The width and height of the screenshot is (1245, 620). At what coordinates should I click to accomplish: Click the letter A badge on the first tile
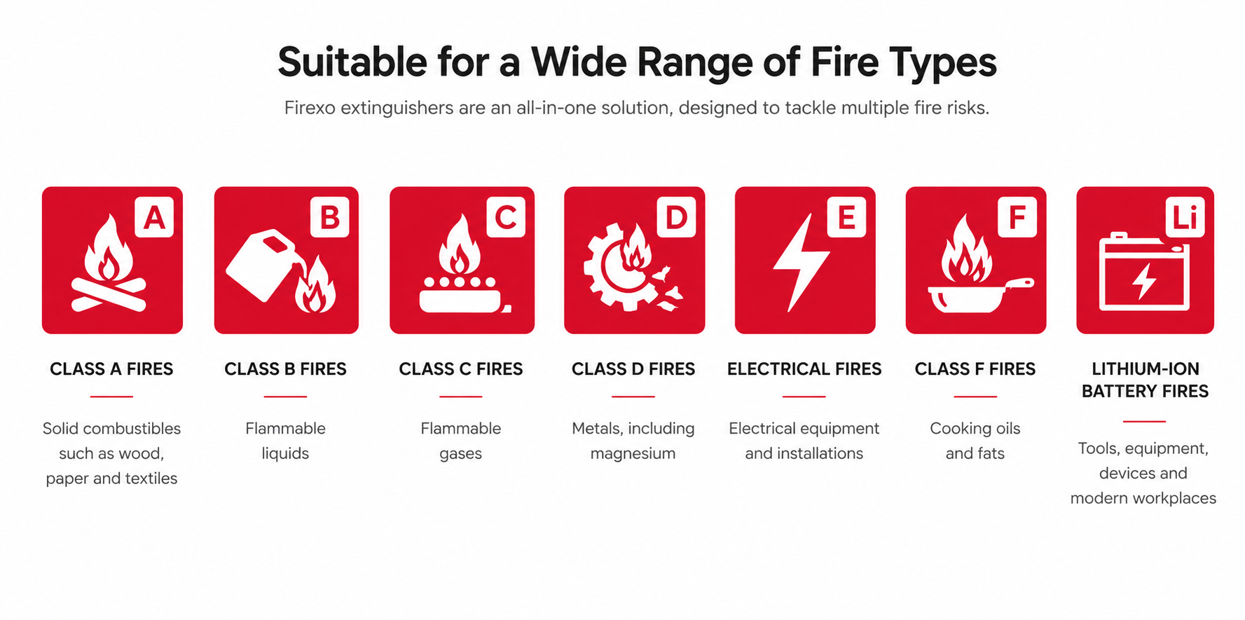click(x=154, y=217)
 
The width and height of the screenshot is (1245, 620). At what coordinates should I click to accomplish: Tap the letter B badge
click(x=330, y=217)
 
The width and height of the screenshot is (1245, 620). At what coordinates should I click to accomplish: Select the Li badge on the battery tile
click(x=1185, y=217)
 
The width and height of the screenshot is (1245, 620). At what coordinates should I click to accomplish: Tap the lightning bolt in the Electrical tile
click(x=801, y=263)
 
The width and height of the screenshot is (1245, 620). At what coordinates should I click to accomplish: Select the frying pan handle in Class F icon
click(x=1020, y=285)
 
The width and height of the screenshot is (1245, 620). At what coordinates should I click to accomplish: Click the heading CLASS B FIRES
click(x=285, y=369)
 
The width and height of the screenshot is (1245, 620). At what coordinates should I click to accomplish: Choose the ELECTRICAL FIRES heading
click(x=804, y=369)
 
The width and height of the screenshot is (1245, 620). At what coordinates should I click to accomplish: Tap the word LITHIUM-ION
click(x=1146, y=369)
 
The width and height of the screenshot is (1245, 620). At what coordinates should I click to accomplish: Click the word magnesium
click(x=633, y=454)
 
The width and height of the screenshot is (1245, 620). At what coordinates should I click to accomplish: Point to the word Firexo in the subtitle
click(x=310, y=108)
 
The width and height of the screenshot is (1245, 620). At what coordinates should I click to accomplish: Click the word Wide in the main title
click(x=579, y=62)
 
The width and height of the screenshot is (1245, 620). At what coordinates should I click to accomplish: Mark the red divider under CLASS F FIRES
click(x=975, y=397)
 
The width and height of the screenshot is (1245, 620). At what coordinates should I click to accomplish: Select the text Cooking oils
click(x=975, y=429)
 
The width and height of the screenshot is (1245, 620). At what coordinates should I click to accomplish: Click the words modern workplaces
click(x=1143, y=498)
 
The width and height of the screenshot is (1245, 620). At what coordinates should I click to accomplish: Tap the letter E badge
click(x=846, y=217)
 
